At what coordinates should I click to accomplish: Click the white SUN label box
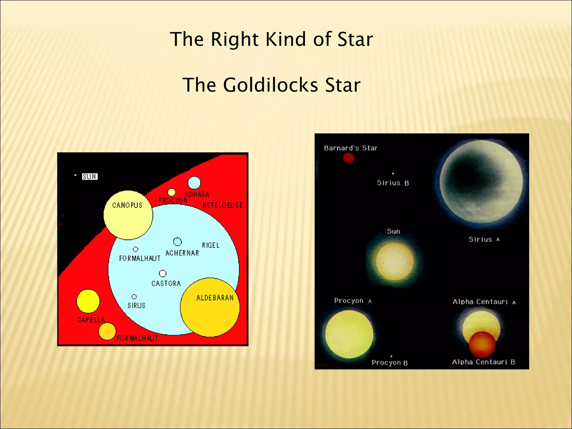coord(90,177)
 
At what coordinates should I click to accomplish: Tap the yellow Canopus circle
coord(128,215)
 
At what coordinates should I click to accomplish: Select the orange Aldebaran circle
coord(210,307)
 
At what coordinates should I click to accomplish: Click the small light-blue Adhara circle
coord(194,183)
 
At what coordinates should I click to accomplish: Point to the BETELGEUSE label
coord(223,205)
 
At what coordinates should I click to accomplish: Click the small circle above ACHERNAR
coord(177,242)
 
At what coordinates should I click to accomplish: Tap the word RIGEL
coord(211,245)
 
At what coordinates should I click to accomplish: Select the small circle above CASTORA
coord(163,273)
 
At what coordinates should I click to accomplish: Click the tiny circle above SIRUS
coord(134,297)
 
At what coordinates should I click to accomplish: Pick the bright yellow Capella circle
coord(88,301)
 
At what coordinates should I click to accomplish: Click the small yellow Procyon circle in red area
coord(171,192)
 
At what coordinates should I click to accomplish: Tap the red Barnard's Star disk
coord(348,158)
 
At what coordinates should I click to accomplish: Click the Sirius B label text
coord(393,183)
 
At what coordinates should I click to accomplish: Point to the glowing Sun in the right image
coord(394,261)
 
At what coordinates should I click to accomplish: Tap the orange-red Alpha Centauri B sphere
coord(482,344)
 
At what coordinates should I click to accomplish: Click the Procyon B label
coord(390,363)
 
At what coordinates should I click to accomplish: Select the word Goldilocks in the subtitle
coord(270,85)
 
